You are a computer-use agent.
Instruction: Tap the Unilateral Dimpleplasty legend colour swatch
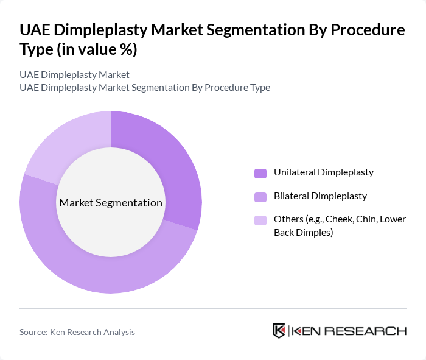[x=260, y=173]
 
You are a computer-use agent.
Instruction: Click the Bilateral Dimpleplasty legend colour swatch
[x=260, y=197]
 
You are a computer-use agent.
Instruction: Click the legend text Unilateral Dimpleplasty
[x=323, y=172]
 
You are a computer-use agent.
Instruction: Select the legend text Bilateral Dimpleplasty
[x=320, y=196]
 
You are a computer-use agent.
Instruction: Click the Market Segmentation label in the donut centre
[x=111, y=203]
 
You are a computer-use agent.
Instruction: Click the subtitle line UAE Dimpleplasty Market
[x=74, y=74]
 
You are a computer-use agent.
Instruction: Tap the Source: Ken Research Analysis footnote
[x=77, y=332]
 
